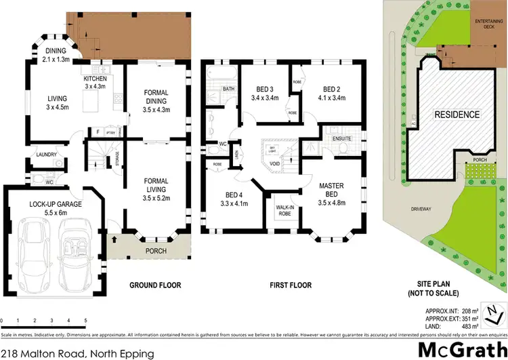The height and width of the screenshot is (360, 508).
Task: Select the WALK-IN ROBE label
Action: coord(284,209)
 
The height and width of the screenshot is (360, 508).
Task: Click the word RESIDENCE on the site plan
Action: coord(457,115)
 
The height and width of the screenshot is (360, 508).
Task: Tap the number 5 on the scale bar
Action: coord(85,319)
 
